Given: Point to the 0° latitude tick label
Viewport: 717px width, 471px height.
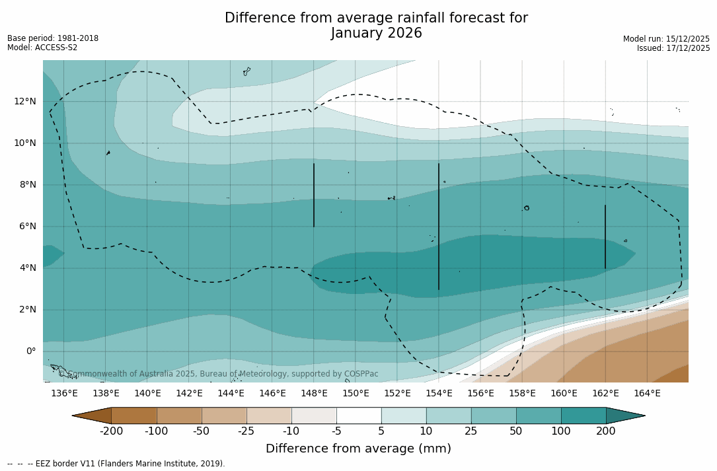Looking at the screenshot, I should (31, 351).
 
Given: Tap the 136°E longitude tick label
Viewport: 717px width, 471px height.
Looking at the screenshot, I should (64, 393).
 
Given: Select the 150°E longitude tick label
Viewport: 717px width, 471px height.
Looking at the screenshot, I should (356, 393).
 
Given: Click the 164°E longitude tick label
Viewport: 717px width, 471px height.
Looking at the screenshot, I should (647, 393).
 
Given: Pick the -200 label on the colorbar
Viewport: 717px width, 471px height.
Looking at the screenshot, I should (111, 431).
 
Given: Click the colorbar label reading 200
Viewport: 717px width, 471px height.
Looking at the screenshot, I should (606, 431).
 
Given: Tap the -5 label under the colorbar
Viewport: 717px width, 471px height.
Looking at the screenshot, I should (336, 431).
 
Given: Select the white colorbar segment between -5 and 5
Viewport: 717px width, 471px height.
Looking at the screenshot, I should (359, 416).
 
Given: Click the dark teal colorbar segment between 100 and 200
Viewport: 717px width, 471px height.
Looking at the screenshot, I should (584, 416).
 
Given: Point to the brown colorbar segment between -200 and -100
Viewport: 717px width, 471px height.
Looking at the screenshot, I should (134, 416).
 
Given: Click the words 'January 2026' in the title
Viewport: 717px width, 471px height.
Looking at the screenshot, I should (376, 33).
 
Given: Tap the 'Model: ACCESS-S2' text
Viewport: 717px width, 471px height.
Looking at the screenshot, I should (42, 48).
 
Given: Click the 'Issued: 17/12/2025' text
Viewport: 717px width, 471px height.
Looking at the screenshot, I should (673, 48).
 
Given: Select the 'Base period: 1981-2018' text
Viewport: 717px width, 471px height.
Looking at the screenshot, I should (53, 38).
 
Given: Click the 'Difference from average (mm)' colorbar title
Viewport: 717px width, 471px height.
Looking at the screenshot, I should (358, 449).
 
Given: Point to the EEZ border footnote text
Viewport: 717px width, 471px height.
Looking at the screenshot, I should (116, 464).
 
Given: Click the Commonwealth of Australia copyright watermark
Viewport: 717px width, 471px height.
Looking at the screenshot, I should (219, 374).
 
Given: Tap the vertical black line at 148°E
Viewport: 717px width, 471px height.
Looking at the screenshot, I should (314, 195).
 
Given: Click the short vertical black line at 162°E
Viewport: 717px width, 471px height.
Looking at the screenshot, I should (605, 236).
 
